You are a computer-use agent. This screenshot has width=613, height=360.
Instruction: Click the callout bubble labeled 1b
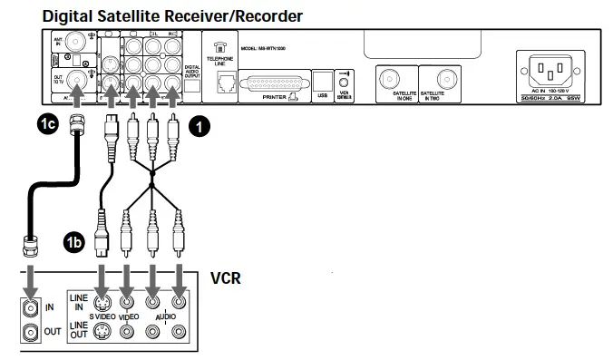pyautogui.click(x=75, y=243)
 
